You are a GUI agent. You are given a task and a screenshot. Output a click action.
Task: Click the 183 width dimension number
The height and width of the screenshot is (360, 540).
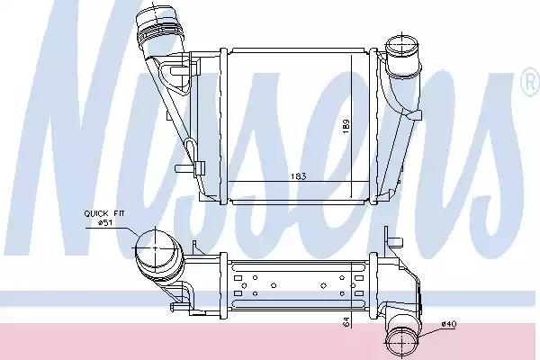tap(298, 176)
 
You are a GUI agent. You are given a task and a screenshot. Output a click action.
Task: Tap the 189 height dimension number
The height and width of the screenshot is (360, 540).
tap(346, 126)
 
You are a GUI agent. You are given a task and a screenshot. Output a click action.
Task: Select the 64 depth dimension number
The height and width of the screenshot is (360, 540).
tap(346, 321)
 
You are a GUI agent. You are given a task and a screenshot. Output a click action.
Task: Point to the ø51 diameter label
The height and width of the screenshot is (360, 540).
tap(104, 223)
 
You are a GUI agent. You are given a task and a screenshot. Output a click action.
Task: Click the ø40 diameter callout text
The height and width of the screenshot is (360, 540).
tap(449, 324)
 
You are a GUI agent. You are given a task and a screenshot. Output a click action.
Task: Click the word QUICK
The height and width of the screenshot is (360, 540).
tap(96, 213)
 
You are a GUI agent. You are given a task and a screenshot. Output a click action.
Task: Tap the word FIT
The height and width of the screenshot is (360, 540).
tap(119, 213)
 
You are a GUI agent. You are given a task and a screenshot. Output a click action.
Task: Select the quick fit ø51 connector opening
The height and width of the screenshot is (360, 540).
tap(156, 247)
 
